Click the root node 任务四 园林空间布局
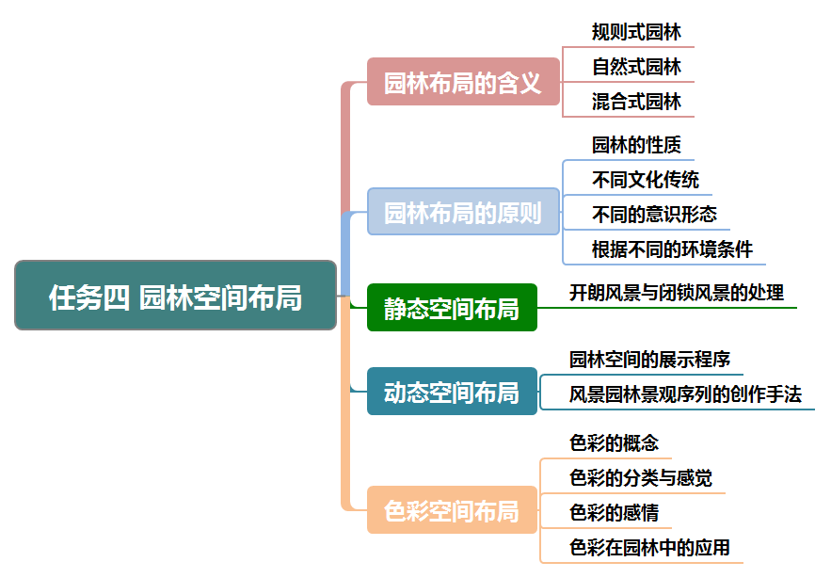click(176, 296)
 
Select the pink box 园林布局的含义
click(463, 82)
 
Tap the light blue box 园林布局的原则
click(463, 212)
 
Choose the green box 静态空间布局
click(452, 308)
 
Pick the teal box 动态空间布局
click(452, 392)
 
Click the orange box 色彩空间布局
click(452, 510)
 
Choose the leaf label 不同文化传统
click(646, 180)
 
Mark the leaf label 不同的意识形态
click(654, 215)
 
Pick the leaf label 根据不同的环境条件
click(672, 249)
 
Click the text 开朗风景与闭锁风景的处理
click(676, 293)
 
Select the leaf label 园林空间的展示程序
click(649, 360)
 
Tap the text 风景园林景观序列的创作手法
click(685, 394)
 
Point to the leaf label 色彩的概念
click(614, 442)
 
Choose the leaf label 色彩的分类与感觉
click(641, 478)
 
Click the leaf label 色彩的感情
click(614, 513)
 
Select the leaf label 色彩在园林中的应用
click(649, 548)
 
